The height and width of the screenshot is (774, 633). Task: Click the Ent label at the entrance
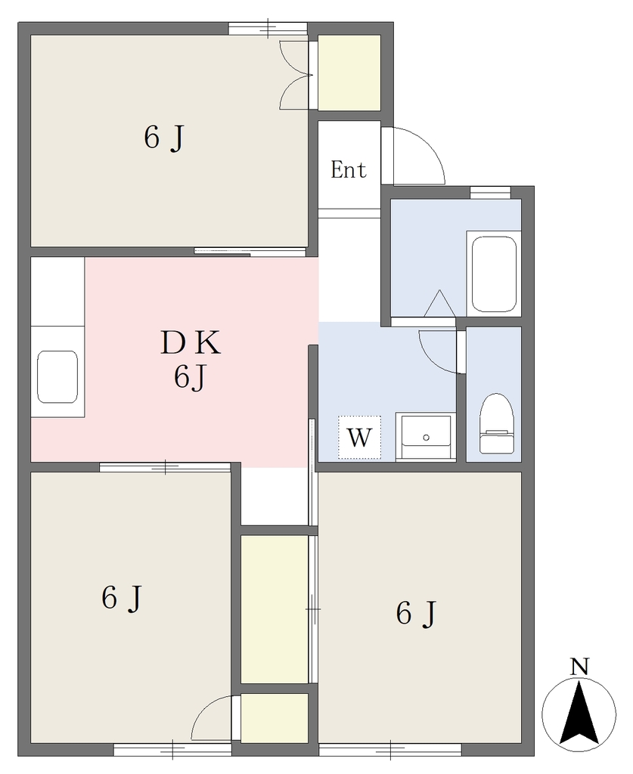(x=349, y=170)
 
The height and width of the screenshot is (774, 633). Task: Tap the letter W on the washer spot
(x=359, y=438)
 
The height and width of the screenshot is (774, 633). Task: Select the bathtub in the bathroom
(x=494, y=274)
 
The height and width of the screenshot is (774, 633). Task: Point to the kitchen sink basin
(x=57, y=377)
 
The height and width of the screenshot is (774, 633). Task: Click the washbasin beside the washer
(x=426, y=437)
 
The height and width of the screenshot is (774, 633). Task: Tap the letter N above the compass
(x=579, y=667)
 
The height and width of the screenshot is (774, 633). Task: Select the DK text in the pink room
(x=191, y=343)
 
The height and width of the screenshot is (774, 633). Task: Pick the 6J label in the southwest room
(x=122, y=598)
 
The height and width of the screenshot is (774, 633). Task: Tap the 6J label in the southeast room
(x=416, y=613)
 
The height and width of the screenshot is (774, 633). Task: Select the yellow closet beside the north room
(x=349, y=73)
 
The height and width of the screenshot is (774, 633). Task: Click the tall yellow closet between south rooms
(x=275, y=610)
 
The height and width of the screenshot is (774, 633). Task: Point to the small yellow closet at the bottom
(x=275, y=718)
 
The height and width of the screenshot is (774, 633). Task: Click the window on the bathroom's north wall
(x=490, y=193)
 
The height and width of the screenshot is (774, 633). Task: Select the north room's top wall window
(x=268, y=28)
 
